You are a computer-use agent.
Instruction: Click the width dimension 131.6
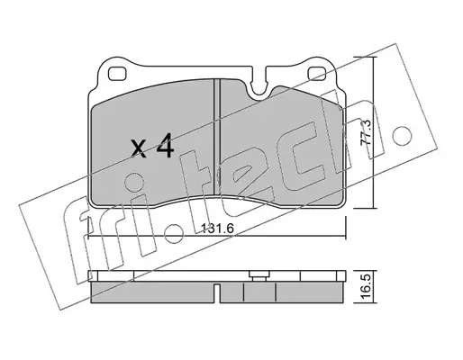(217, 229)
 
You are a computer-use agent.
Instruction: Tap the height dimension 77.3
(367, 132)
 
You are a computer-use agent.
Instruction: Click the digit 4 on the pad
(165, 145)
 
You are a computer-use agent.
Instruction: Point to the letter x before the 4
(139, 148)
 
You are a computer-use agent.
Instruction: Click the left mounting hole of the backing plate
(116, 74)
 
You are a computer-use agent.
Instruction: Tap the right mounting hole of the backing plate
(317, 74)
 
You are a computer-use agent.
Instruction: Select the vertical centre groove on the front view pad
(217, 137)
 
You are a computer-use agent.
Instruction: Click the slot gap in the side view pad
(217, 292)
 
